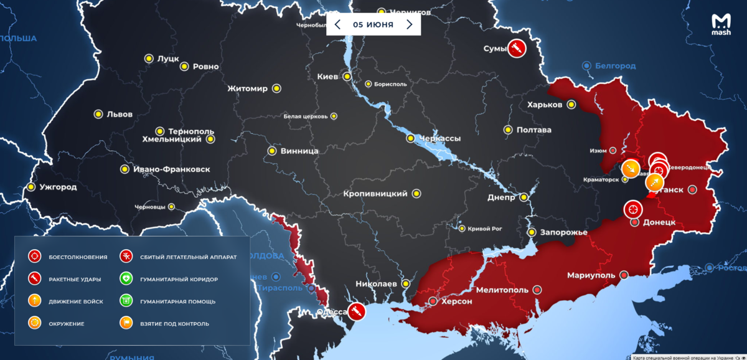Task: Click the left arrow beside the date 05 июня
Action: pyautogui.click(x=337, y=25)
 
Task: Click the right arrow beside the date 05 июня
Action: pyautogui.click(x=409, y=25)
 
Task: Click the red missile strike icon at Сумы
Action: pyautogui.click(x=516, y=48)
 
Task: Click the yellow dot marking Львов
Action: pyautogui.click(x=98, y=114)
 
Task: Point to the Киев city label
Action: pyautogui.click(x=327, y=77)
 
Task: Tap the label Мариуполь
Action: pyautogui.click(x=591, y=275)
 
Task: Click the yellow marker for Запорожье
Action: pyautogui.click(x=532, y=232)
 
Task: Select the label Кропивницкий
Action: pyautogui.click(x=375, y=194)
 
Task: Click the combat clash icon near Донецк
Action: pyautogui.click(x=634, y=209)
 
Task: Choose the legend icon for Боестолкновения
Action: pyautogui.click(x=35, y=257)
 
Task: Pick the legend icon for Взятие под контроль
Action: pyautogui.click(x=126, y=323)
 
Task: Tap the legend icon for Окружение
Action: pyautogui.click(x=35, y=323)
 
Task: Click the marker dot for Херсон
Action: pyautogui.click(x=433, y=301)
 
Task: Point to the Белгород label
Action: pyautogui.click(x=615, y=65)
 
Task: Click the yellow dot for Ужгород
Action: pyautogui.click(x=31, y=187)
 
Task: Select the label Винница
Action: pyautogui.click(x=299, y=151)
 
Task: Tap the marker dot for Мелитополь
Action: pyautogui.click(x=537, y=290)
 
